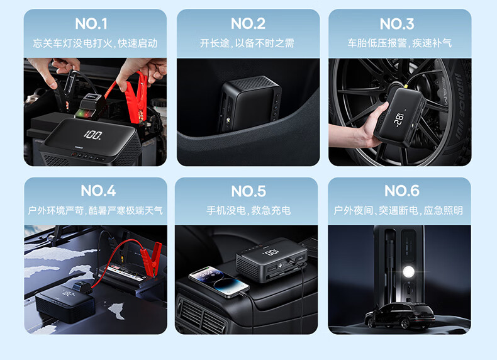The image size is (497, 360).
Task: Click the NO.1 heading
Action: pos(91,24)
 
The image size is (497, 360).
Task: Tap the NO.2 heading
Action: pos(248,24)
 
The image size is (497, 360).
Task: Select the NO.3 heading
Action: pos(397,24)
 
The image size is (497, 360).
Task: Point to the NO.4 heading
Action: pos(98,191)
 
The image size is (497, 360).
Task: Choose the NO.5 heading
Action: pos(248,191)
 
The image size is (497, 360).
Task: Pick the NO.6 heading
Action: pos(402,191)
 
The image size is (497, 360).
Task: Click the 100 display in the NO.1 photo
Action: pos(93,135)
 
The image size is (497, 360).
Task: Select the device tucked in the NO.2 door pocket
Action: pos(249,103)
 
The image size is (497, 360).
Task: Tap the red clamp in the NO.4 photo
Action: pos(152,257)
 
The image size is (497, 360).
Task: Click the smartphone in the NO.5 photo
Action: pos(219,282)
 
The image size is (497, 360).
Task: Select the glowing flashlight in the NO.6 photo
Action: pos(408,272)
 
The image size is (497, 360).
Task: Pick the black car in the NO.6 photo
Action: pos(399,315)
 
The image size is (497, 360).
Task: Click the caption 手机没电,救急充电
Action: pos(248,210)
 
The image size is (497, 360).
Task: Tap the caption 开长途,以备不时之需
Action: pos(247,43)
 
